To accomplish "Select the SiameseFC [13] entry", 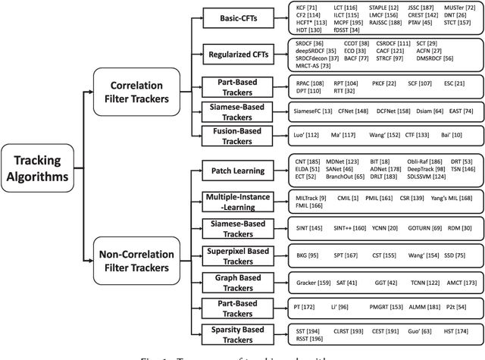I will [x=314, y=110].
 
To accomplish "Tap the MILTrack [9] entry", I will [x=311, y=196].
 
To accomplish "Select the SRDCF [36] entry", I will [x=309, y=44].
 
